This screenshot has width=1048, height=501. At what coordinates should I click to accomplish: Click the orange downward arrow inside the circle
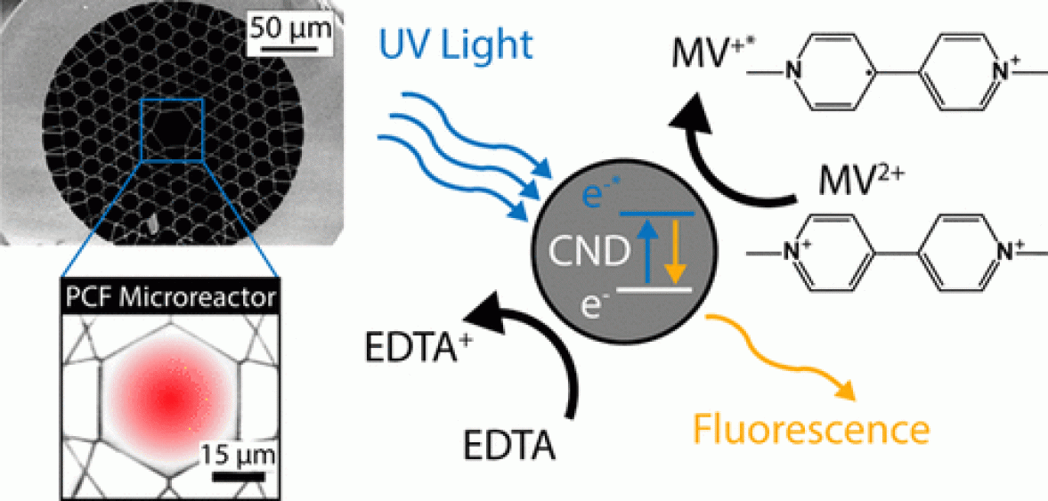(674, 253)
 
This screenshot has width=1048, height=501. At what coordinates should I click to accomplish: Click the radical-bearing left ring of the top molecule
(828, 72)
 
